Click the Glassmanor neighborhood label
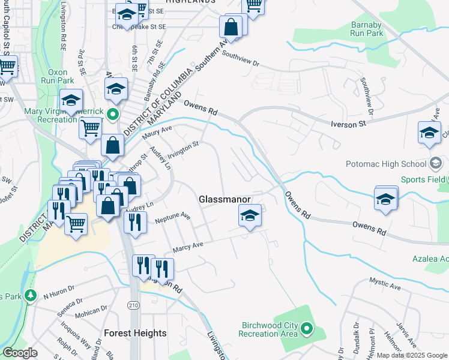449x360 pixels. click(x=224, y=199)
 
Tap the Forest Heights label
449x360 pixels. click(x=135, y=332)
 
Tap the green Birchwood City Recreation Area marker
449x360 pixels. click(x=307, y=328)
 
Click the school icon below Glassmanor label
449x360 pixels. click(x=250, y=216)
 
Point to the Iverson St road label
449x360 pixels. click(x=349, y=124)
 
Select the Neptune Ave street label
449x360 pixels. click(x=172, y=218)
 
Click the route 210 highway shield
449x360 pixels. click(x=133, y=305)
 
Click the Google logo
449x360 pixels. click(x=20, y=353)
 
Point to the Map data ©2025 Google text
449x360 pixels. click(x=411, y=355)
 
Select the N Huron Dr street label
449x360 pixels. click(x=58, y=295)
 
